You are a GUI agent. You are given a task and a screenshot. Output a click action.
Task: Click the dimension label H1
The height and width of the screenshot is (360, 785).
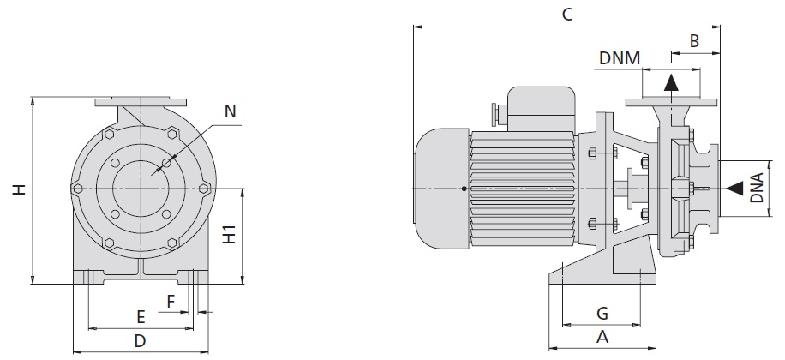229,234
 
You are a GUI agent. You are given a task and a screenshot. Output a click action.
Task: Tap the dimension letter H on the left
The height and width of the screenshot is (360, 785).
20,189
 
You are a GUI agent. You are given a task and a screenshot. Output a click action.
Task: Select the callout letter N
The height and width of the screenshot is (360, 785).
230,111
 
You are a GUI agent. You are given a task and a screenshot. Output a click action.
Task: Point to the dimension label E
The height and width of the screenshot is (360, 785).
141,317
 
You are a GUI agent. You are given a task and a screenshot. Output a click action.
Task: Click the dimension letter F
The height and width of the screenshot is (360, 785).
171,302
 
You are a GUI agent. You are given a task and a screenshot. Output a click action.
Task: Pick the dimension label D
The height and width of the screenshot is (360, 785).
141,341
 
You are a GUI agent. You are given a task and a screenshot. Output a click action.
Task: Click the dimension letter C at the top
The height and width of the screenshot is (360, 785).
566,14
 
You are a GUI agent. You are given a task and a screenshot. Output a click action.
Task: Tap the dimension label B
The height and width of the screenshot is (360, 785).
694,41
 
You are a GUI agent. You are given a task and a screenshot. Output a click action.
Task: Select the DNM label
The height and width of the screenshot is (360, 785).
620,58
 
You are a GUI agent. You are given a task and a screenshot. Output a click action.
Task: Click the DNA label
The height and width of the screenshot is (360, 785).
757,188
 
